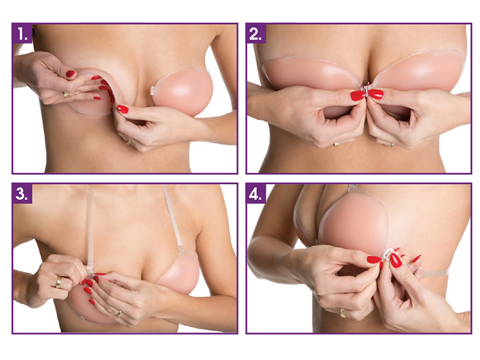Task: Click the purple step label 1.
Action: coord(22,33)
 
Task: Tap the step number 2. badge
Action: coord(256,33)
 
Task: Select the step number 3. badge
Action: coord(22,193)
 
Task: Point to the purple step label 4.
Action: coord(256,193)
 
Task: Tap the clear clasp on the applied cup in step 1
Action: coord(152,91)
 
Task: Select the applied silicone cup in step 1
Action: coord(183,92)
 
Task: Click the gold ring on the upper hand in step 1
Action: coord(65,94)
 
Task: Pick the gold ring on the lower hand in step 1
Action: coord(128,142)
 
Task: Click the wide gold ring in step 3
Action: coord(59,282)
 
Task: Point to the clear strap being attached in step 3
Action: coord(91,230)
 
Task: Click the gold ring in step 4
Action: coord(343,313)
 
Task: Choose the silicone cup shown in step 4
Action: coord(352,220)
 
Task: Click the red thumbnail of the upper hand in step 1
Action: coord(70,73)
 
